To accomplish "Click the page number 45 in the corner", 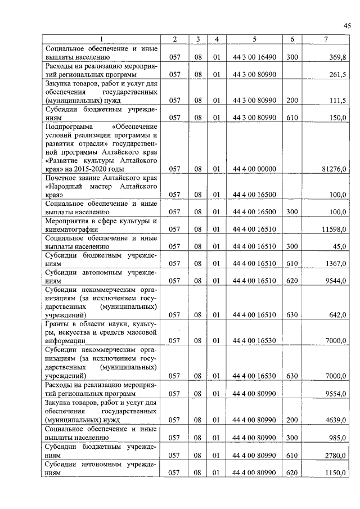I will pyautogui.click(x=346, y=25).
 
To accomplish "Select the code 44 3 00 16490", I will pyautogui.click(x=254, y=58).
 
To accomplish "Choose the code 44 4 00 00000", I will pyautogui.click(x=254, y=169).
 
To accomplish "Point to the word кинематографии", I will pyautogui.click(x=73, y=229).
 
